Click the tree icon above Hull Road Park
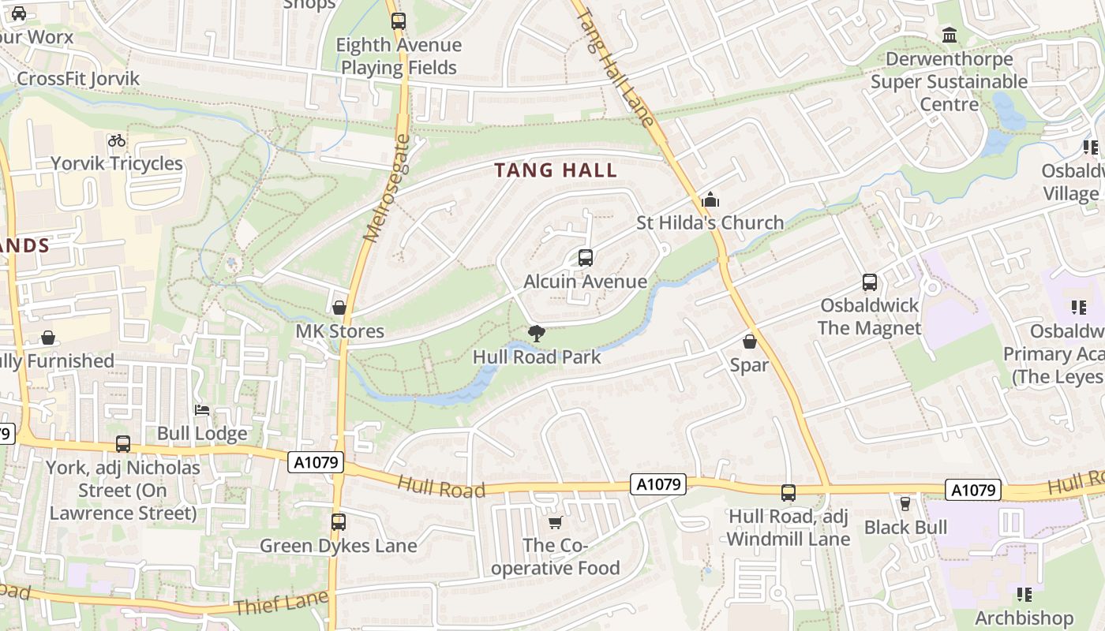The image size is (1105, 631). pyautogui.click(x=537, y=334)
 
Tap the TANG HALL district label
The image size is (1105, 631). pyautogui.click(x=556, y=170)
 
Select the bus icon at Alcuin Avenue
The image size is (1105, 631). pyautogui.click(x=586, y=258)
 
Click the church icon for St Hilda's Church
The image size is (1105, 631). pyautogui.click(x=710, y=200)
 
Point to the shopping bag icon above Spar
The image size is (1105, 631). pyautogui.click(x=750, y=342)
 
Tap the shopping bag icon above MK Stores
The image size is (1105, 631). pyautogui.click(x=339, y=308)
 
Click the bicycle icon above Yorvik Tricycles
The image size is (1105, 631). pyautogui.click(x=117, y=140)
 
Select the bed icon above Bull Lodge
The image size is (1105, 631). pyautogui.click(x=202, y=410)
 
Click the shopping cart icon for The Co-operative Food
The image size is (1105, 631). pyautogui.click(x=556, y=522)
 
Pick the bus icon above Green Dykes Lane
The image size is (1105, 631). pyautogui.click(x=339, y=522)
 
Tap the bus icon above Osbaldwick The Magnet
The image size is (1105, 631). pyautogui.click(x=870, y=282)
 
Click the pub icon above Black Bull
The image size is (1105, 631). pyautogui.click(x=905, y=503)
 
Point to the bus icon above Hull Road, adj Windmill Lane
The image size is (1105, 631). pyautogui.click(x=788, y=493)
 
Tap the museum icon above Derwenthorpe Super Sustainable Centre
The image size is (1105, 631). pyautogui.click(x=950, y=35)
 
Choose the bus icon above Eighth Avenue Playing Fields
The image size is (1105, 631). pyautogui.click(x=399, y=21)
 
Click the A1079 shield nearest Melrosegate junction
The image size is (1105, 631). pyautogui.click(x=316, y=462)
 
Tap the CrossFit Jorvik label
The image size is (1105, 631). pyautogui.click(x=78, y=79)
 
